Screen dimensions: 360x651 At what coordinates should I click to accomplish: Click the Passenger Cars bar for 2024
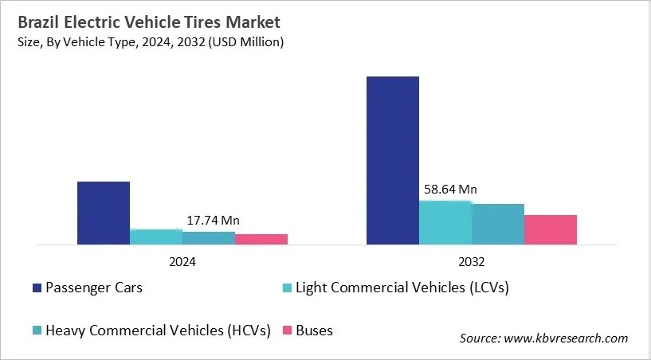point(103,213)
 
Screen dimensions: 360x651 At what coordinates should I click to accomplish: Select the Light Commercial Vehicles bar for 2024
point(155,237)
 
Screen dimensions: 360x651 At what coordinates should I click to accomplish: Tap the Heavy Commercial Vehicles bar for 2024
point(208,238)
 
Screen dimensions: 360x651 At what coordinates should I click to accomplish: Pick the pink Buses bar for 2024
point(261,239)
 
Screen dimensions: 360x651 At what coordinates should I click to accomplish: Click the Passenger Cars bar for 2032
point(392,160)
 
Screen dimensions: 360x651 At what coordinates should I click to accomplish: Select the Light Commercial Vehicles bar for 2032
point(445,222)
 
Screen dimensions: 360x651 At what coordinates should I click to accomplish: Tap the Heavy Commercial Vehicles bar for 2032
point(497,224)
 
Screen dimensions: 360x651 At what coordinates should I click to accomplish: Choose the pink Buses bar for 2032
point(550,229)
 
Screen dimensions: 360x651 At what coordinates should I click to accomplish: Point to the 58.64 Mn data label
point(450,190)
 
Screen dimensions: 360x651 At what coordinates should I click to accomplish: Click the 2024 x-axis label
point(182,261)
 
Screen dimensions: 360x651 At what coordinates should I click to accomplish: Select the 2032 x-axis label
point(471,261)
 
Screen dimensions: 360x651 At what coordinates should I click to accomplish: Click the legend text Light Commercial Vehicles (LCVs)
point(402,288)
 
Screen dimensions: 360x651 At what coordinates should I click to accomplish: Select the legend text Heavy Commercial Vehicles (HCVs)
point(158,330)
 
